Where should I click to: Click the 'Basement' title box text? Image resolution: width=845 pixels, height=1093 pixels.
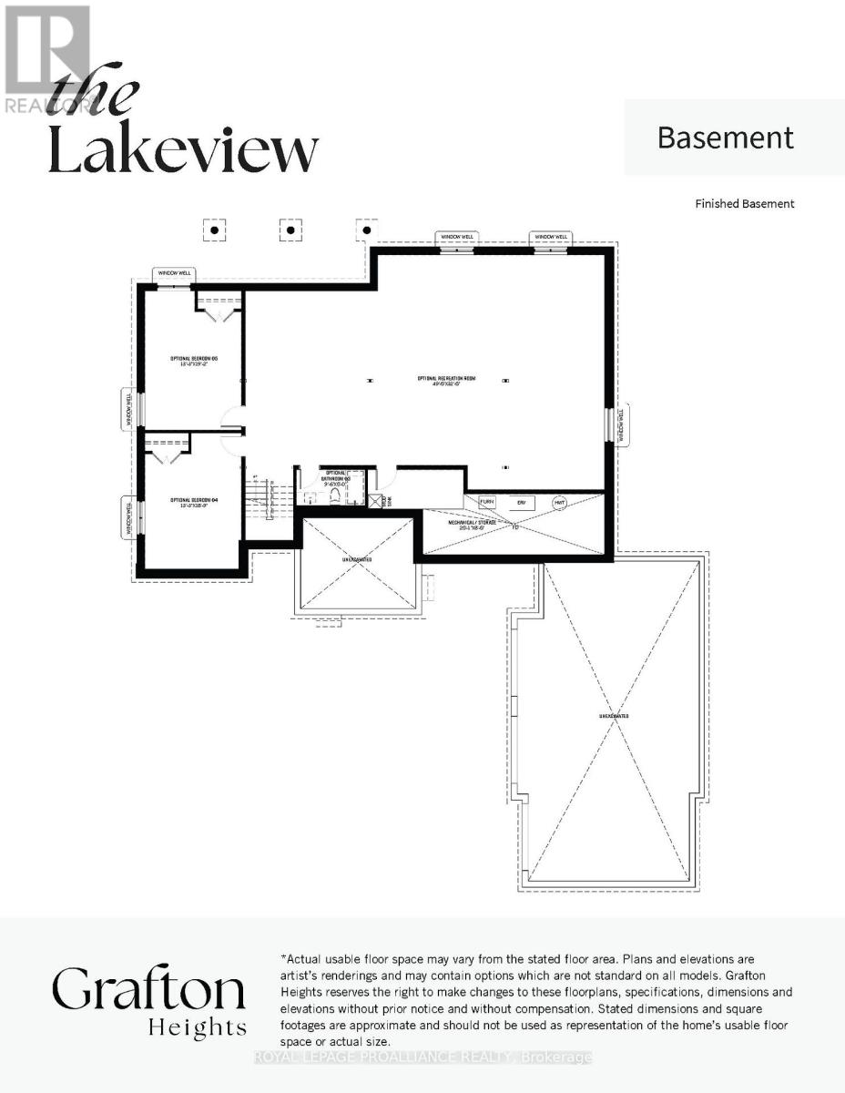(x=725, y=138)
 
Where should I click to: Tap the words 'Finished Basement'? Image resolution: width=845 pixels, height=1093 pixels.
(x=744, y=204)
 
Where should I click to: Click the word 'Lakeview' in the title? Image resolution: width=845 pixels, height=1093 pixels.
(x=183, y=150)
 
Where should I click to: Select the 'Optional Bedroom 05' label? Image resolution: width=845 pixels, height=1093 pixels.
(x=190, y=361)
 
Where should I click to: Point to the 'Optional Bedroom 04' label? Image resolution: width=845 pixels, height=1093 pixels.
(x=190, y=501)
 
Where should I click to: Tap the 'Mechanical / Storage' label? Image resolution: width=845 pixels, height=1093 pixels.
(x=471, y=524)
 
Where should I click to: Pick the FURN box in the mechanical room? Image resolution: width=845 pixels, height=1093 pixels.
(x=486, y=503)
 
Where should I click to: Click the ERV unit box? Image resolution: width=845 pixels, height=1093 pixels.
(x=522, y=503)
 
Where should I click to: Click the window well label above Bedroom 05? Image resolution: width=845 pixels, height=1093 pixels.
(x=174, y=273)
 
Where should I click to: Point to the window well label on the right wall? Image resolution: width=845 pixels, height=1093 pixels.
(x=623, y=425)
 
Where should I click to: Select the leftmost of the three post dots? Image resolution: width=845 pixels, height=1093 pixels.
(x=214, y=230)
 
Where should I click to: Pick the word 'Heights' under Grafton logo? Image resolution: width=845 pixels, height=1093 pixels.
(x=197, y=1029)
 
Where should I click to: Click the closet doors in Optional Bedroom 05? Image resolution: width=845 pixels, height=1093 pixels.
(x=219, y=313)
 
